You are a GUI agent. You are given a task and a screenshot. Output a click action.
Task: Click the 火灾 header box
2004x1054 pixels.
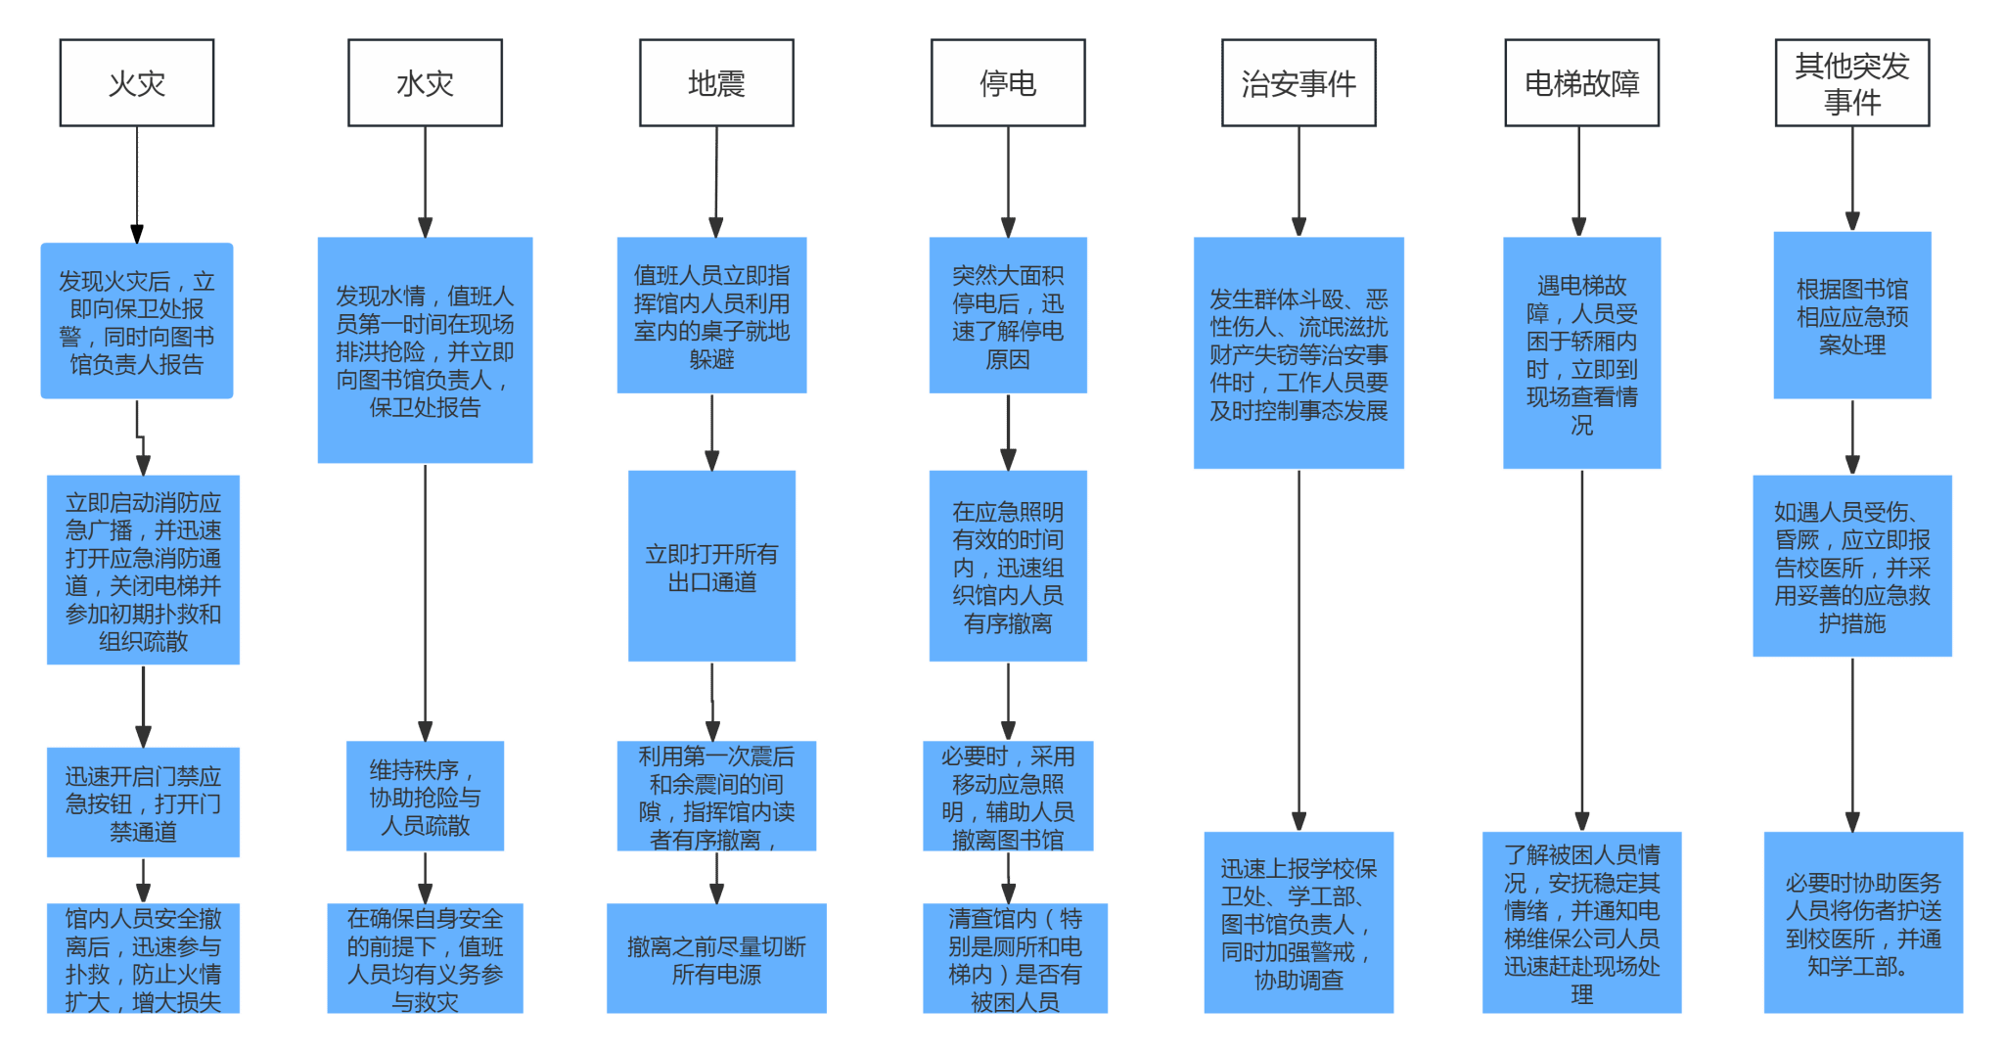(137, 83)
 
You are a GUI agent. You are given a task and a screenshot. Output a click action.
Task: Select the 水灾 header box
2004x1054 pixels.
(425, 83)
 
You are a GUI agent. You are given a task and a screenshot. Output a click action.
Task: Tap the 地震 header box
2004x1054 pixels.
(716, 83)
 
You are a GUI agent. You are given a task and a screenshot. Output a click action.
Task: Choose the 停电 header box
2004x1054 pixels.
(1008, 83)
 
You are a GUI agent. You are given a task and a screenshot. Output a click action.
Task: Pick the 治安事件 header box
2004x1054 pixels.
(1298, 83)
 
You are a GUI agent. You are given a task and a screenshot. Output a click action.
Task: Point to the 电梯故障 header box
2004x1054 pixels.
(1581, 83)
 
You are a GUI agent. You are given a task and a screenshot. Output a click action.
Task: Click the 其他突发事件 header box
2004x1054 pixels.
(1852, 83)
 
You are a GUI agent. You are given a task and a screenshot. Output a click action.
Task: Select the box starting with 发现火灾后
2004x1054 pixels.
(137, 321)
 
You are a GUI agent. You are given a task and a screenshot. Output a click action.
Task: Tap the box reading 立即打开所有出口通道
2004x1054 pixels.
(712, 567)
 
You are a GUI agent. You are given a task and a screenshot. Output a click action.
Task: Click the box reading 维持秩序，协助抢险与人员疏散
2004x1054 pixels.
(426, 797)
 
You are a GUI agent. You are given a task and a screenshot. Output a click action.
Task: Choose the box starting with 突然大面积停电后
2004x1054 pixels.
(1008, 315)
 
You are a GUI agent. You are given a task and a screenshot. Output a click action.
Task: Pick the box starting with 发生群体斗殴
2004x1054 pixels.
(1298, 353)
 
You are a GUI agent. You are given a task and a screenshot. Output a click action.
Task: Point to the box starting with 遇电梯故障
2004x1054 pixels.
(1582, 353)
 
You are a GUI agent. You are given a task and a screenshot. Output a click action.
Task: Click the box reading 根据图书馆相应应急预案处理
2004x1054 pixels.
(1852, 315)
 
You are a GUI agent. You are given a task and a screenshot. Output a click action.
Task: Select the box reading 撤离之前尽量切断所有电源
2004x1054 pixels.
(716, 959)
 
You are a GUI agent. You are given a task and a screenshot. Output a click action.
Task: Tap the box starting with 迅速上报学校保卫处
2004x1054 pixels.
(1298, 923)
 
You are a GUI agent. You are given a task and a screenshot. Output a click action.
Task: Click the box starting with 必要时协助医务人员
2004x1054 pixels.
(1863, 923)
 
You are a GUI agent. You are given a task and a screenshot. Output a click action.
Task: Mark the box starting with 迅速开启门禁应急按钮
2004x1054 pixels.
(143, 802)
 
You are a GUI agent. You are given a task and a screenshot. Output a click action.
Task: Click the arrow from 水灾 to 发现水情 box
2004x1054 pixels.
(426, 182)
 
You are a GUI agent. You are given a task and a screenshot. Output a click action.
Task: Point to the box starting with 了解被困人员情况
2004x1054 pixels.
(1582, 923)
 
